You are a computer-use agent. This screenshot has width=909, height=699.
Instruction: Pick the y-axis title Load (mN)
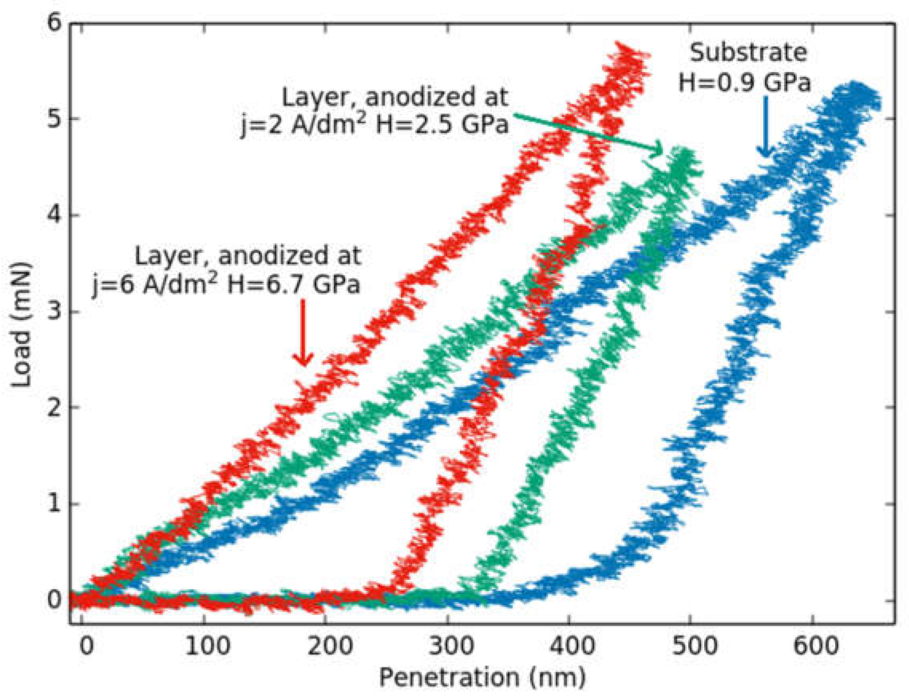pos(22,324)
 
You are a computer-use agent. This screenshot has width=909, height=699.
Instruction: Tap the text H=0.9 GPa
pos(745,82)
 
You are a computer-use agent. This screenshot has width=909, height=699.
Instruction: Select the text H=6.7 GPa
pos(293,285)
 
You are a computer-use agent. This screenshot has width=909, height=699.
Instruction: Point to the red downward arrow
pos(303,333)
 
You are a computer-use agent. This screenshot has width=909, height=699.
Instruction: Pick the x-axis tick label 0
pos(86,646)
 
